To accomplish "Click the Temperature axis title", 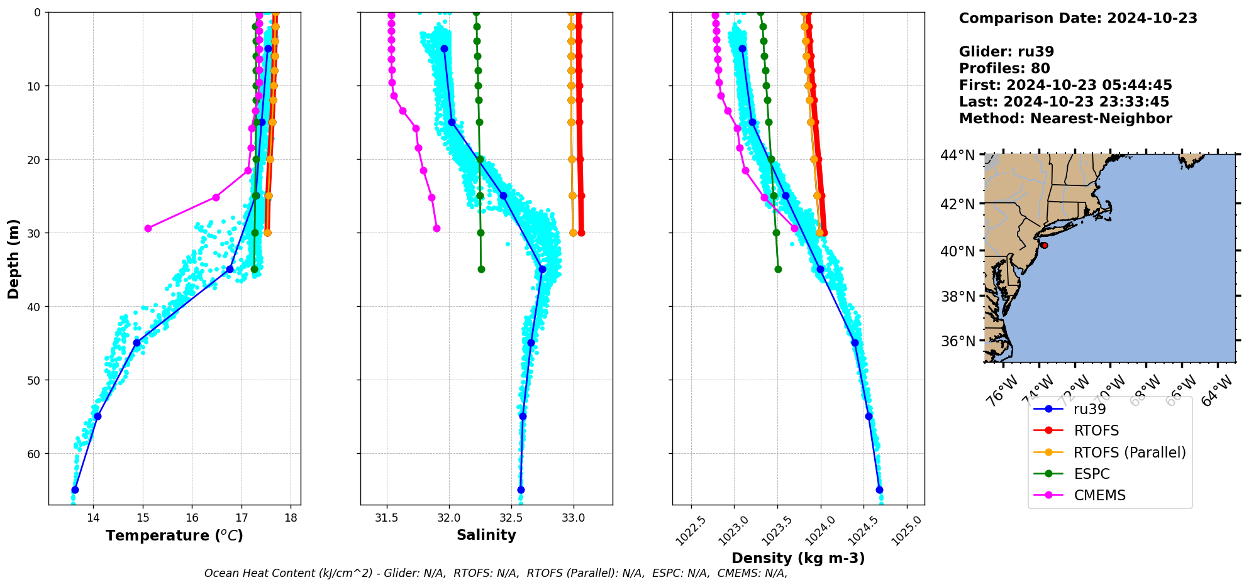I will (x=174, y=535).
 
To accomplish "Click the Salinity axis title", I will (x=486, y=535).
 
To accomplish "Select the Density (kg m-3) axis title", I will (x=798, y=558).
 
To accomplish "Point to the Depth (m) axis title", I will (x=14, y=258).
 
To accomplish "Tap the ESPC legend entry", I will (x=1091, y=474).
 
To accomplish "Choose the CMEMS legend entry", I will (x=1099, y=495).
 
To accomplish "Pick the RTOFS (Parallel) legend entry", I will (x=1130, y=453).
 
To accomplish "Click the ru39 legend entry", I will (x=1089, y=409).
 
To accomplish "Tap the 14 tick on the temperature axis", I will (x=93, y=518).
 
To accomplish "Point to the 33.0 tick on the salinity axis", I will (x=573, y=518).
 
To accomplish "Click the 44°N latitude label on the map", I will (x=957, y=155).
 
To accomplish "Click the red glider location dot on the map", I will (x=1044, y=245).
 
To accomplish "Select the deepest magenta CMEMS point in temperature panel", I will (x=148, y=228).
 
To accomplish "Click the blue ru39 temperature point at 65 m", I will (x=75, y=490).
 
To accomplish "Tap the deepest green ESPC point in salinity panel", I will (x=481, y=269).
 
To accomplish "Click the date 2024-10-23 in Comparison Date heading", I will (x=1152, y=18).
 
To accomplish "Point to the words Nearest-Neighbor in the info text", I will (x=1101, y=119).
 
